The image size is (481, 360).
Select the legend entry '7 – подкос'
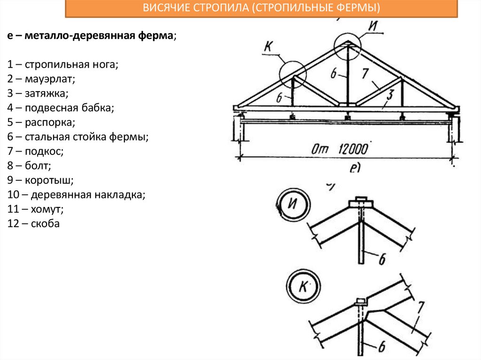(x=35, y=151)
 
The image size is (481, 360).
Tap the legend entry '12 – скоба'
(x=34, y=223)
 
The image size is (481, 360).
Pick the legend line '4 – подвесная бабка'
(x=61, y=108)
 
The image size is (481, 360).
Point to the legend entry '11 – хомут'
(x=36, y=209)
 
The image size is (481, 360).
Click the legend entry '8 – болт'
(x=29, y=166)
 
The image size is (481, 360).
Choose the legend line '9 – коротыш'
(x=40, y=180)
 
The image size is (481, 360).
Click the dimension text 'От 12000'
(x=339, y=149)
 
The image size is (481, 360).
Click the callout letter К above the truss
(x=269, y=48)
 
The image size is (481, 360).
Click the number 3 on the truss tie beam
(x=389, y=93)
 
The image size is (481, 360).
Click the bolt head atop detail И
(x=361, y=202)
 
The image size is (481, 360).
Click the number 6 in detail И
(x=383, y=257)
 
